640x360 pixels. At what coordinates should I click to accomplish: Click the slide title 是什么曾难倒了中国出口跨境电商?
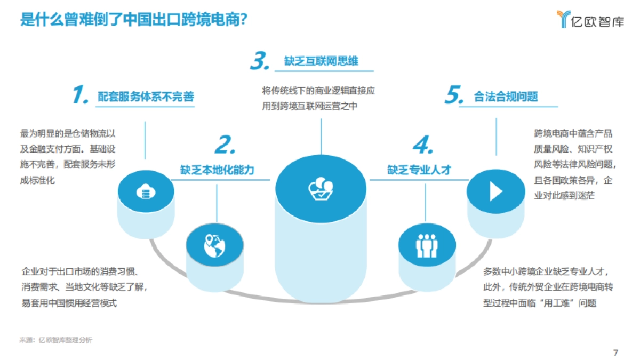pyautogui.click(x=133, y=20)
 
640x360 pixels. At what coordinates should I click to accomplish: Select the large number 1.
pyautogui.click(x=79, y=95)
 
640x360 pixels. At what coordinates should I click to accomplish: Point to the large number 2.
pyautogui.click(x=225, y=146)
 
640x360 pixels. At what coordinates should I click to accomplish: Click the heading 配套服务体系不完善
pyautogui.click(x=146, y=97)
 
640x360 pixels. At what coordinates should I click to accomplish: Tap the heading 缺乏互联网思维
pyautogui.click(x=321, y=61)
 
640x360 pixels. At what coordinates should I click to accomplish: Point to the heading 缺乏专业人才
pyautogui.click(x=419, y=170)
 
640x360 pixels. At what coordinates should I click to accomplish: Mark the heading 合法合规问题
pyautogui.click(x=506, y=97)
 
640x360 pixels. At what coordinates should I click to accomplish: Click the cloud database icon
pyautogui.click(x=146, y=191)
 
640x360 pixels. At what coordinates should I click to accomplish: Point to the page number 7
pyautogui.click(x=615, y=353)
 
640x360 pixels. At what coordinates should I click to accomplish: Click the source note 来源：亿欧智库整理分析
pyautogui.click(x=56, y=340)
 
